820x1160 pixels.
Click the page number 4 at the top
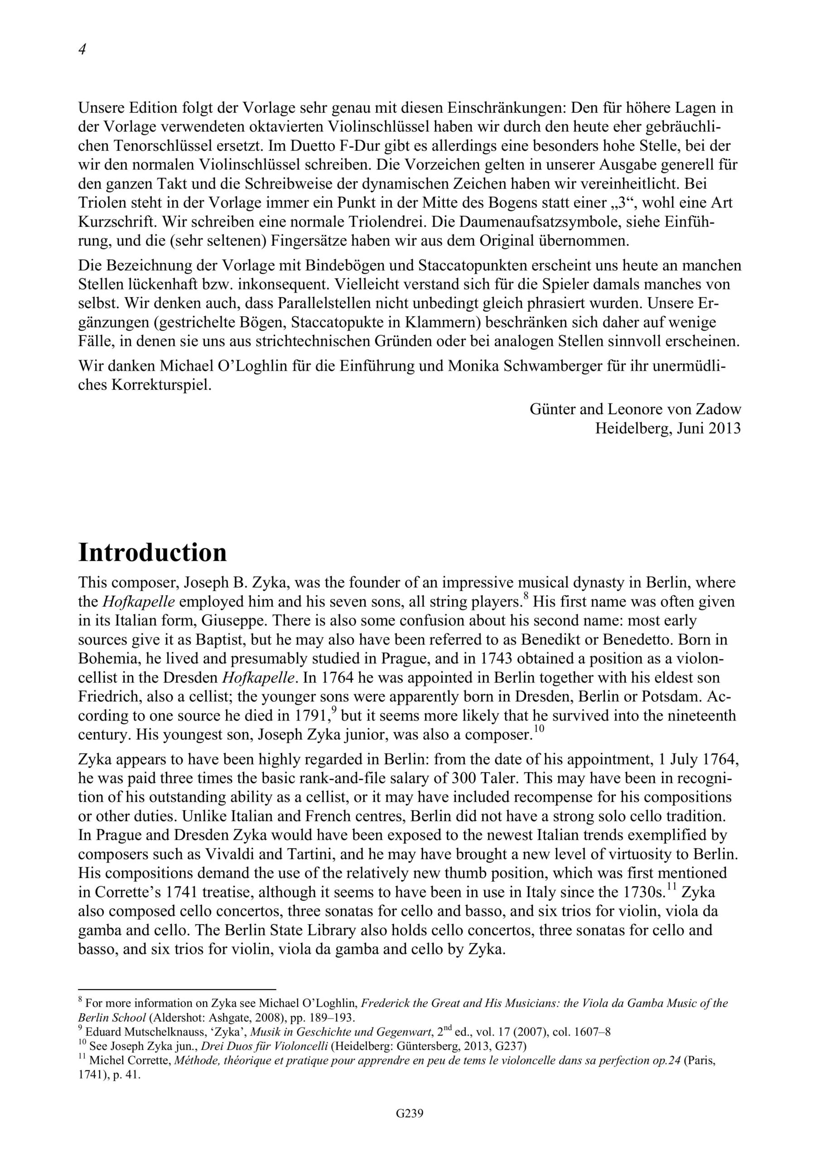tap(82, 49)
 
